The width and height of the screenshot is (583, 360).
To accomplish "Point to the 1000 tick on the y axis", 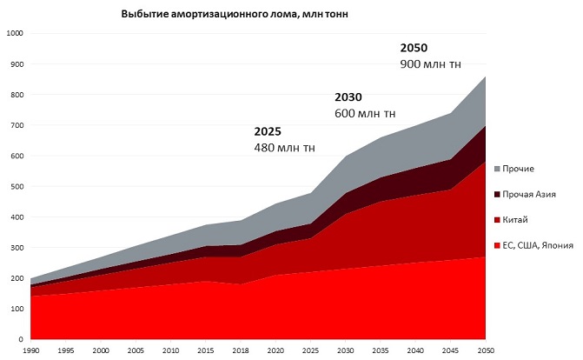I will point(14,34).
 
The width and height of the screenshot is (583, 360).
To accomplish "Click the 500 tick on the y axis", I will point(17,186).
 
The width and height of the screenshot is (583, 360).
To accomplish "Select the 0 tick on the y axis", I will point(21,339).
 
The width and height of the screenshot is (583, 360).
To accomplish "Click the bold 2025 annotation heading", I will point(268,131).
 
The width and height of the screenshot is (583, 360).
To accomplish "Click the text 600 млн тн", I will point(365,113).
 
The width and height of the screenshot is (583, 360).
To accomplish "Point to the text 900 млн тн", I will point(430,64).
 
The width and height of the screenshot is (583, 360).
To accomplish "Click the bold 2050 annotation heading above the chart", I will point(414,47).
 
